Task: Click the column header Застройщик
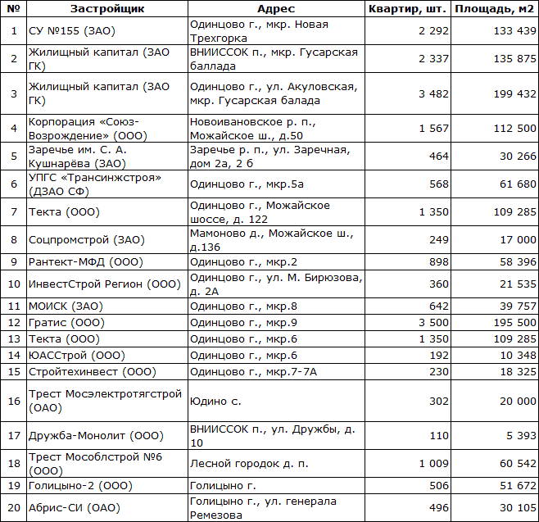click(x=106, y=8)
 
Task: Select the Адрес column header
click(x=276, y=8)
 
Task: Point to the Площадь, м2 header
click(x=495, y=8)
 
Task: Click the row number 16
click(x=13, y=401)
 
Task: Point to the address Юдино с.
click(x=215, y=401)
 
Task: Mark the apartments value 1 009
click(x=433, y=463)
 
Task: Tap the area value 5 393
click(x=519, y=436)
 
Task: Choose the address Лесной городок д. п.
click(x=249, y=463)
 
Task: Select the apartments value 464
click(x=438, y=156)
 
